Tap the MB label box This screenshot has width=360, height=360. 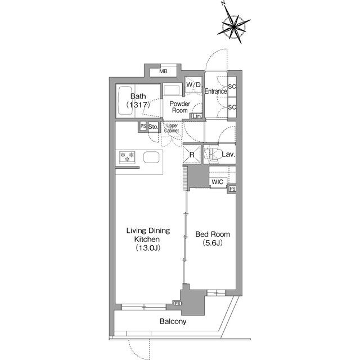coord(164,72)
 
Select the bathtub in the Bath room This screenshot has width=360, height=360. coord(125,101)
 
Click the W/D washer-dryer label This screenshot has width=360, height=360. coord(193,84)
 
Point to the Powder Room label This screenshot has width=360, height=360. coord(180,107)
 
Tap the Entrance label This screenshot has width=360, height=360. coord(215,91)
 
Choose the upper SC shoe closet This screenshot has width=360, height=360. coord(232,87)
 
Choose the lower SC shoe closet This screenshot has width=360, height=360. coord(232,107)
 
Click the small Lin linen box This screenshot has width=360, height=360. coord(197,116)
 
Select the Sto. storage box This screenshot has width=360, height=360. coord(153,127)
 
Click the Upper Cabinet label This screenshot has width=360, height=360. coord(172,128)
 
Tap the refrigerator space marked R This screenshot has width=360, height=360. coord(192,154)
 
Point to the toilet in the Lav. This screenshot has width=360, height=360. coord(213,154)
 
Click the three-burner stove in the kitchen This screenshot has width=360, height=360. coord(127,157)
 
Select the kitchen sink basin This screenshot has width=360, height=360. coord(151,157)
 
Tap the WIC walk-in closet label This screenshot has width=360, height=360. coord(217,182)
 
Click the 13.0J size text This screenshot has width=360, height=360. coord(148,248)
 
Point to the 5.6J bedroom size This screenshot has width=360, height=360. coord(213,243)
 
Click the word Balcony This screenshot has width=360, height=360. coord(173,321)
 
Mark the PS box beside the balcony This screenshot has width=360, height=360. coord(178,304)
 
